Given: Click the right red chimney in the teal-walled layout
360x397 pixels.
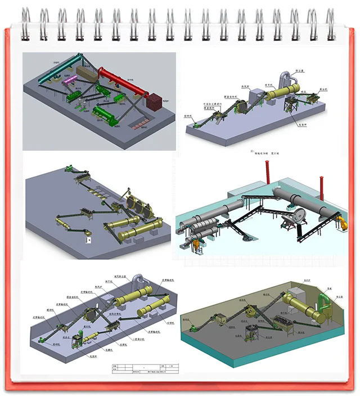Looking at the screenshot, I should [x=323, y=179].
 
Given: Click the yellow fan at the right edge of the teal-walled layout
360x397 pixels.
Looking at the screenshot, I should [x=340, y=223].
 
